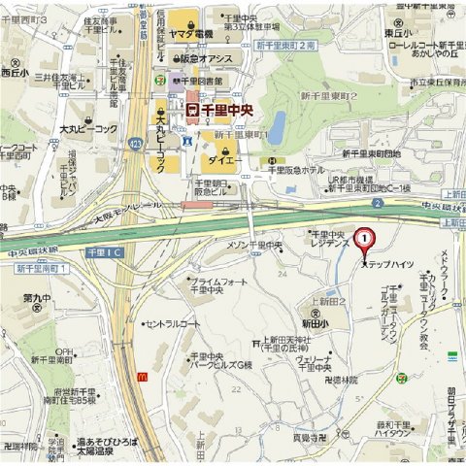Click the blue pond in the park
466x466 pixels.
[277, 127]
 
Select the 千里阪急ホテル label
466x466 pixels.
[296, 170]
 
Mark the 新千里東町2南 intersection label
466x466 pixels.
[286, 46]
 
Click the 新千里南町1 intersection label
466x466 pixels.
[39, 267]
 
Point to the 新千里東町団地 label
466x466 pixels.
[371, 153]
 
